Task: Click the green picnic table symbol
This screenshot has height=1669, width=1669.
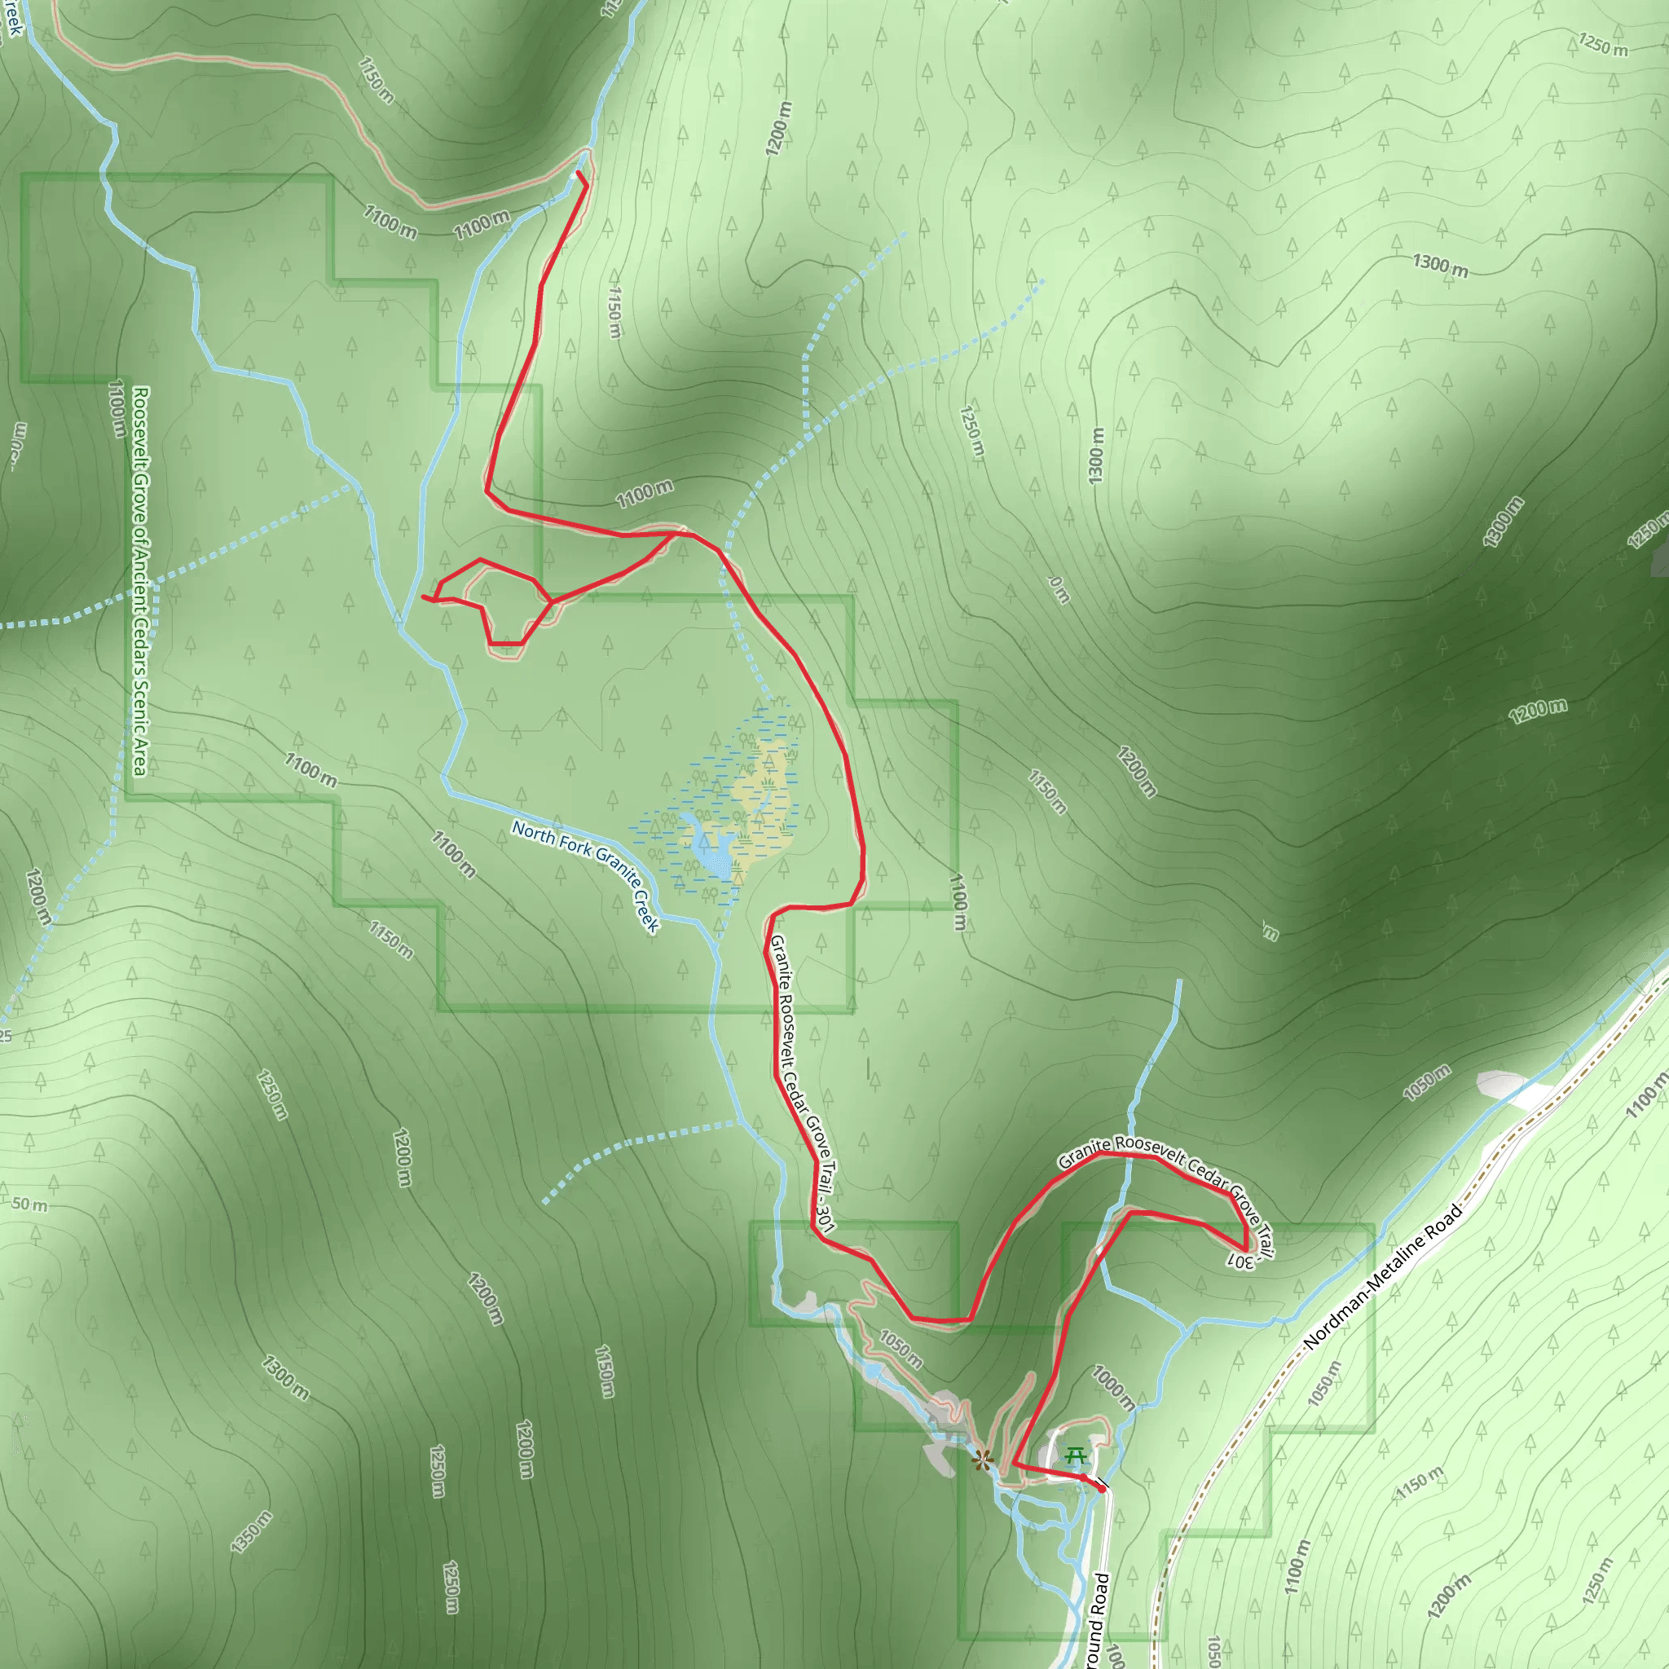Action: [x=1075, y=1457]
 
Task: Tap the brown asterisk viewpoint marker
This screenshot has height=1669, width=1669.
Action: [x=981, y=1462]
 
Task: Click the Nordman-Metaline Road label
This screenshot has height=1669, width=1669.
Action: [x=1382, y=1277]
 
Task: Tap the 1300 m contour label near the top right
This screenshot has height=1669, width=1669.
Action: [x=1440, y=264]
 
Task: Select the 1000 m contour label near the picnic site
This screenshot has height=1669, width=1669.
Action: [x=1112, y=1387]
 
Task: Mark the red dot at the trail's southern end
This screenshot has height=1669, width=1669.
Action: [x=1102, y=1488]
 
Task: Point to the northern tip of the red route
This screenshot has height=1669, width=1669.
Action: [x=578, y=174]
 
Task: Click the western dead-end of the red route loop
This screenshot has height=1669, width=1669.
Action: [x=422, y=596]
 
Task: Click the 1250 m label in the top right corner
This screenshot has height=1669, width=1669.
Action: [x=1602, y=44]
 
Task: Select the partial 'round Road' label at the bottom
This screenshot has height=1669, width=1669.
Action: [x=1097, y=1623]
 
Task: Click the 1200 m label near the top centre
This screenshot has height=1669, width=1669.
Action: [x=777, y=129]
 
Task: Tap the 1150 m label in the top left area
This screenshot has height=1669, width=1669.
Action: [x=376, y=81]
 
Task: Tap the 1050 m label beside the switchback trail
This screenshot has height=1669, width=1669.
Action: [x=901, y=1350]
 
